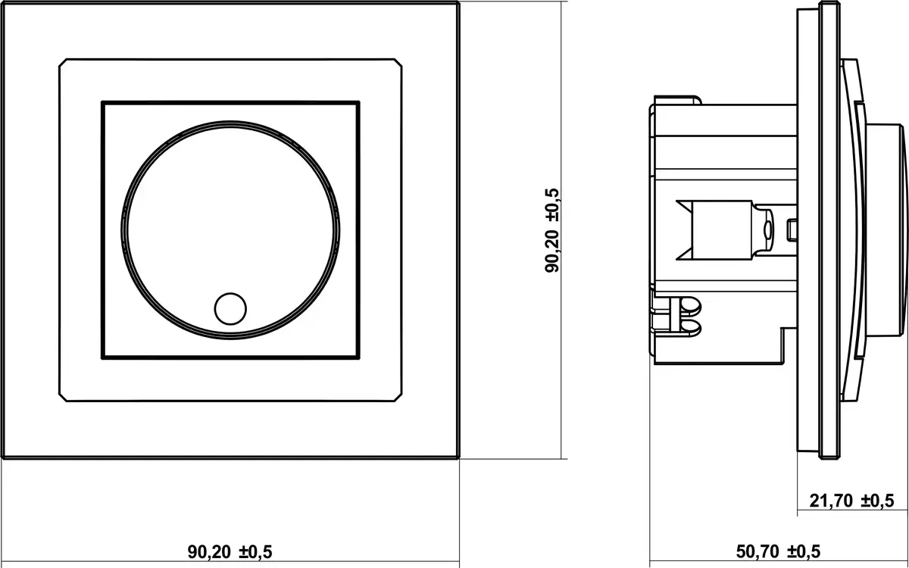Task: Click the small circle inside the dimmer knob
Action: click(x=230, y=309)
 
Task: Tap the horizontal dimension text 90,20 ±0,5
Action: click(x=230, y=552)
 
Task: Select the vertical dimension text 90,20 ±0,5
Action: click(x=552, y=230)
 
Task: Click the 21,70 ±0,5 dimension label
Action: click(x=851, y=501)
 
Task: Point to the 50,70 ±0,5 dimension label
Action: click(x=779, y=552)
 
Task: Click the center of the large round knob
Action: click(x=230, y=230)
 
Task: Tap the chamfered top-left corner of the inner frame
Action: click(x=62, y=62)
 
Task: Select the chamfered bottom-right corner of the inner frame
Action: click(x=398, y=398)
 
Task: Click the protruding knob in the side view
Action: click(x=885, y=230)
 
